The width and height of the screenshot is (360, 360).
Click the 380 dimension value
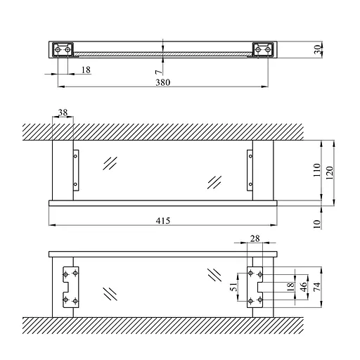(x=163, y=82)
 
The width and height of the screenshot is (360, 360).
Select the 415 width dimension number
(x=163, y=221)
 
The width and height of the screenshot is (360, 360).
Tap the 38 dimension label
(x=63, y=112)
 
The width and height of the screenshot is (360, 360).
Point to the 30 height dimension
(x=318, y=49)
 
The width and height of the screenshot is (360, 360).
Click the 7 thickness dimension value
(x=160, y=72)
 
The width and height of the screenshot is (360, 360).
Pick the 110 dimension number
(x=317, y=170)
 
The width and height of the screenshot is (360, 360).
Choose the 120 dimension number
(x=330, y=173)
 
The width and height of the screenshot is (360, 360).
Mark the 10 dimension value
(x=317, y=224)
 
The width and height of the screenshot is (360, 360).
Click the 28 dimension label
(x=255, y=238)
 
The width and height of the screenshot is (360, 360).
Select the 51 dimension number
(x=233, y=287)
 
